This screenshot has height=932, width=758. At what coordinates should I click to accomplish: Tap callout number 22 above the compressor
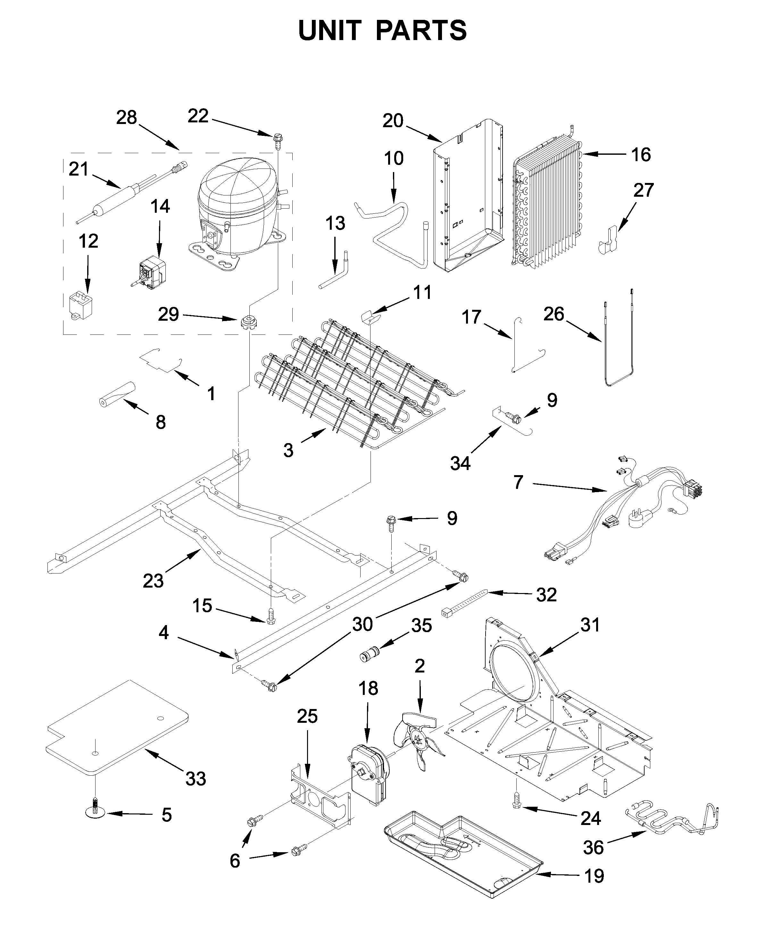point(198,116)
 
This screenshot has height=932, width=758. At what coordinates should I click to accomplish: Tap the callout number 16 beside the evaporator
point(641,154)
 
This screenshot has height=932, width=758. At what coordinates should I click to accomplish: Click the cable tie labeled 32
point(466,603)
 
